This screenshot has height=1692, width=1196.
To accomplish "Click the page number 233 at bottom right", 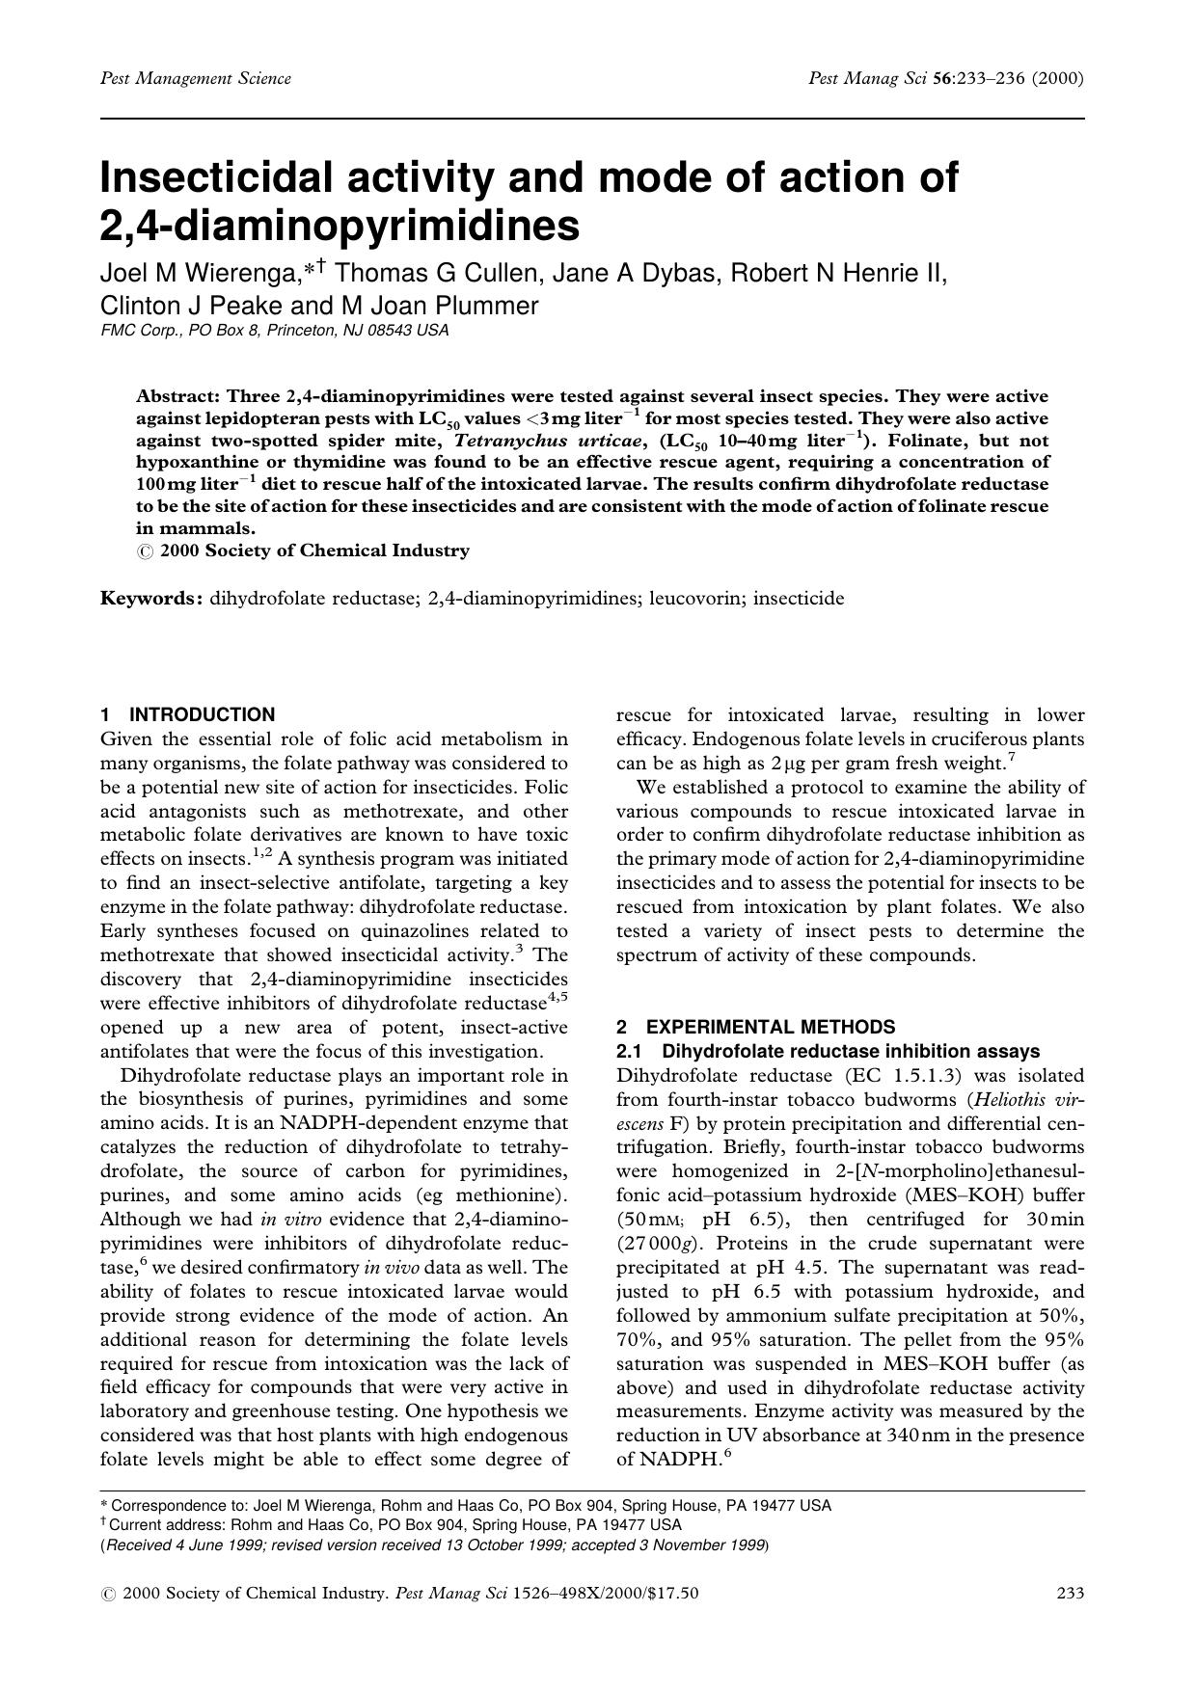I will pyautogui.click(x=1071, y=1594).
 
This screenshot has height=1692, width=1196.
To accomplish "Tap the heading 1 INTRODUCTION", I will pyautogui.click(x=187, y=714).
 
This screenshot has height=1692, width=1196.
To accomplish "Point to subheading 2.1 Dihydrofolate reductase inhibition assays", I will pyautogui.click(x=828, y=1051).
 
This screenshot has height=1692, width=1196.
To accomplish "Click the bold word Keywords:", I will pyautogui.click(x=151, y=599).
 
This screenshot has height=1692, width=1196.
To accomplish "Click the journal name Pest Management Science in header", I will pyautogui.click(x=196, y=78).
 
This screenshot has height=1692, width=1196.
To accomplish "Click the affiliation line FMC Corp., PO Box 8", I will pyautogui.click(x=274, y=331).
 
